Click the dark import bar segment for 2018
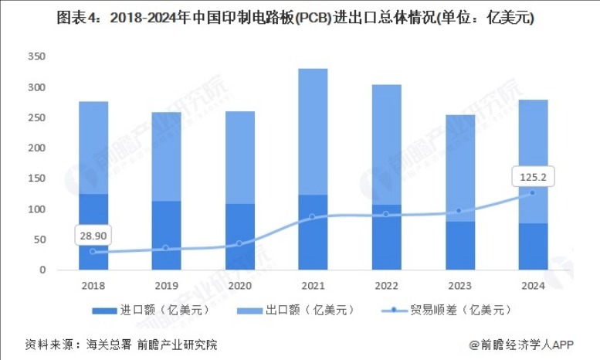point(93,232)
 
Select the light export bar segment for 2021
point(313,131)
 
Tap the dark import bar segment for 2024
point(532,246)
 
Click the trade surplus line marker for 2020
point(239,243)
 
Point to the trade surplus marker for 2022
point(386,214)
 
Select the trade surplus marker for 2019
point(166,248)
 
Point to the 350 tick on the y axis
point(36,56)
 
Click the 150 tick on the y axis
point(36,178)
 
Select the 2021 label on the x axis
point(313,285)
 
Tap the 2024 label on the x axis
point(532,285)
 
